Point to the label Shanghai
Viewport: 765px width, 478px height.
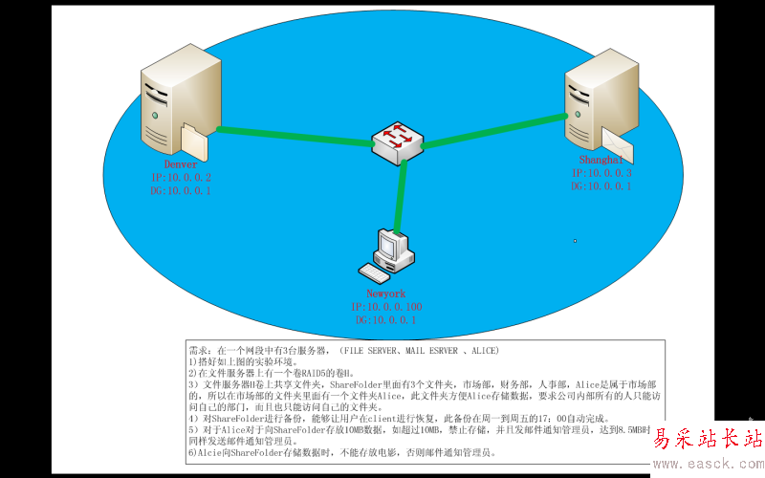coord(600,160)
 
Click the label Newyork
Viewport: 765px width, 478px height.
coord(385,293)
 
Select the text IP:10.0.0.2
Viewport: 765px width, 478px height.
coord(181,178)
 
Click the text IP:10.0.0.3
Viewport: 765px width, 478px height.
coord(601,173)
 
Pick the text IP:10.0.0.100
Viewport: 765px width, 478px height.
coord(386,307)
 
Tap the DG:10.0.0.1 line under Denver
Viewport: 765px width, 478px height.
coord(181,191)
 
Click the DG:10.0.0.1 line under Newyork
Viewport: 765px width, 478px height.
coord(386,320)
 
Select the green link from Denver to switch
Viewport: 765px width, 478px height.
coord(292,135)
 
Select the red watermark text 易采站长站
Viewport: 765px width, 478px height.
coord(708,440)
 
